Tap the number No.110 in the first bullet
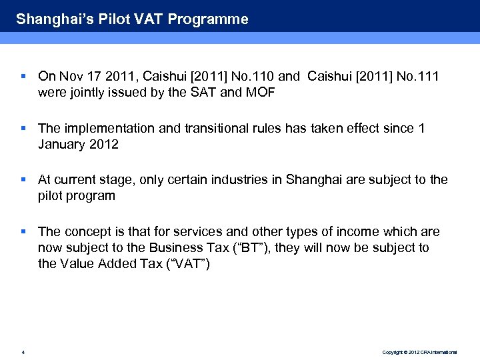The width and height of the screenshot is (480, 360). point(261,77)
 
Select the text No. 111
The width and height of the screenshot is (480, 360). point(417,77)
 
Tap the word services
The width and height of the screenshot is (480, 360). point(198,232)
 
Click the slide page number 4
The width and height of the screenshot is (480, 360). point(23,351)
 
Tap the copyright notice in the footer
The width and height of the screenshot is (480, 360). point(419,351)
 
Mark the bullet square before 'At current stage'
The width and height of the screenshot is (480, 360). point(23,179)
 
